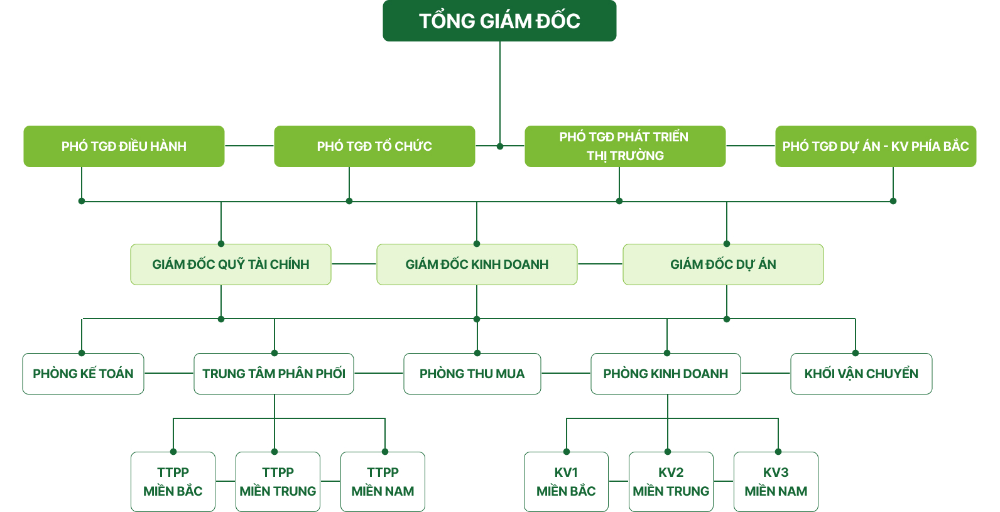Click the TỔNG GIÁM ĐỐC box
click(x=499, y=21)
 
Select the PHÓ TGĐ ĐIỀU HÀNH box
click(x=124, y=146)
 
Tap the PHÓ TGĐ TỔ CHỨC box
click(x=374, y=146)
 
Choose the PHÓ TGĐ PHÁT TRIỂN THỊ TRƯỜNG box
click(x=625, y=146)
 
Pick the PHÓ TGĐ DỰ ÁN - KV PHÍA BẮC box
click(x=876, y=146)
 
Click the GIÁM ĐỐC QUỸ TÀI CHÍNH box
click(x=231, y=264)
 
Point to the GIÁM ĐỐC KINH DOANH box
click(x=477, y=264)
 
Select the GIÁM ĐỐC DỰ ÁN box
click(x=723, y=264)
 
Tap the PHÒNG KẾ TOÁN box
click(x=83, y=374)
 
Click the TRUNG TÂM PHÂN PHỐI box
click(x=274, y=374)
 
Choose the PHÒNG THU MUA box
click(x=472, y=374)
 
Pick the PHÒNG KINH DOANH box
click(x=665, y=374)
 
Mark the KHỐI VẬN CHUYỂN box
click(x=861, y=374)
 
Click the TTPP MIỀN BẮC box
click(x=173, y=482)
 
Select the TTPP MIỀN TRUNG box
click(x=278, y=482)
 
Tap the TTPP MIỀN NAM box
click(x=383, y=482)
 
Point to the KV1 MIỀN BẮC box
click(x=566, y=482)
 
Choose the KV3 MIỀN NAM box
click(x=776, y=482)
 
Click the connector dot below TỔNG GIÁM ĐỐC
click(x=500, y=146)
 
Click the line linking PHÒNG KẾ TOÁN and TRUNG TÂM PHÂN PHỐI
click(x=169, y=374)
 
